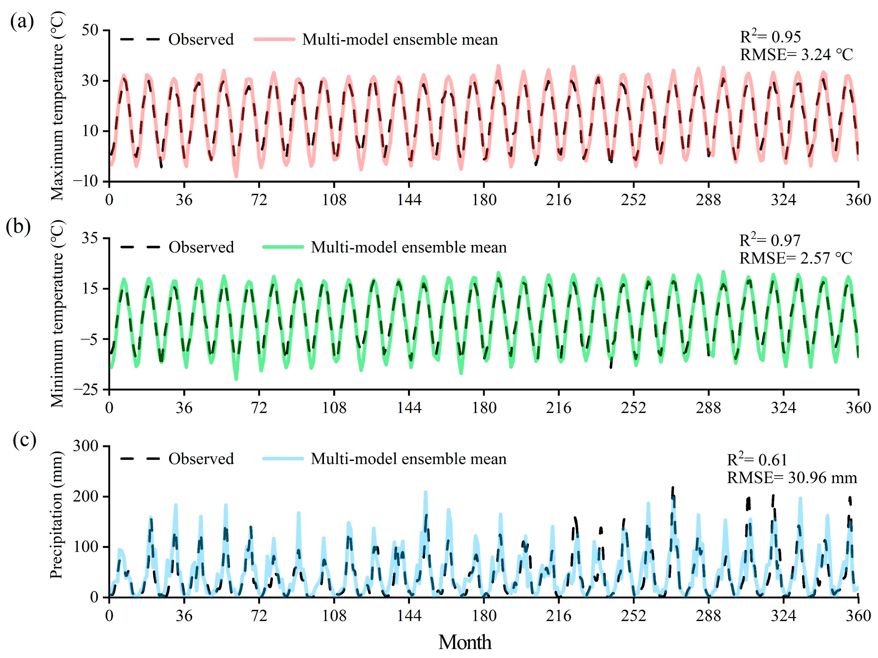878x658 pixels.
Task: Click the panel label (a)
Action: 22,22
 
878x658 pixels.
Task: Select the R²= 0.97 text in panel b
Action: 770,240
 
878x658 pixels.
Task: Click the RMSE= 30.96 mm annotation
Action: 792,478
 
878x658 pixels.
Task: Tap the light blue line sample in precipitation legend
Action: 283,459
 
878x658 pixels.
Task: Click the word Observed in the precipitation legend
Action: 201,459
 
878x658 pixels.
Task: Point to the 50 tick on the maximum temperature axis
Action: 90,30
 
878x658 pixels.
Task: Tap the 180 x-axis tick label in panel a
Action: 484,199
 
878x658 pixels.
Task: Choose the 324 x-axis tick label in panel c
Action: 783,616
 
